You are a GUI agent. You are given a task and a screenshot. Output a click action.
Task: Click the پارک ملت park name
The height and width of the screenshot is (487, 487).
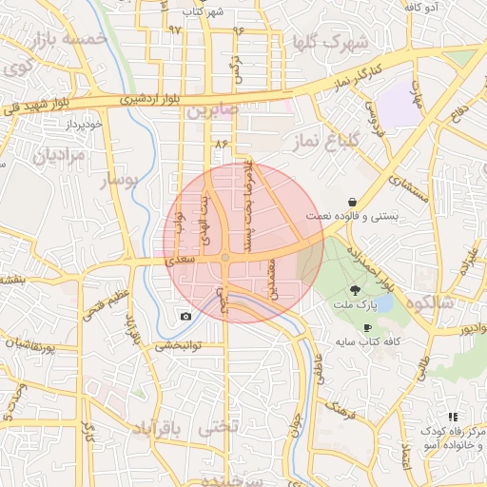point(355,305)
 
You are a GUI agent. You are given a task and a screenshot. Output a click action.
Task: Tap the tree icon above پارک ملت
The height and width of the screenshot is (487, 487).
point(355,289)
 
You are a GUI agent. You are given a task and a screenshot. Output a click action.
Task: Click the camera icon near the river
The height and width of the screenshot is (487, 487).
point(185,316)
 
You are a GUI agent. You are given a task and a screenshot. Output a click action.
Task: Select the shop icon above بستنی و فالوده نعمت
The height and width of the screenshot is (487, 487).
point(353,202)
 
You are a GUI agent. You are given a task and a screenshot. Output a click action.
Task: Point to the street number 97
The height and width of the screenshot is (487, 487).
point(174,29)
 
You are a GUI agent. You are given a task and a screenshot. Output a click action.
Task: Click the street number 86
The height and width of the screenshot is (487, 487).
point(224,144)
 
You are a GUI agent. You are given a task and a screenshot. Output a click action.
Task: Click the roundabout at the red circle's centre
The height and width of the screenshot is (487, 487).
point(225,258)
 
